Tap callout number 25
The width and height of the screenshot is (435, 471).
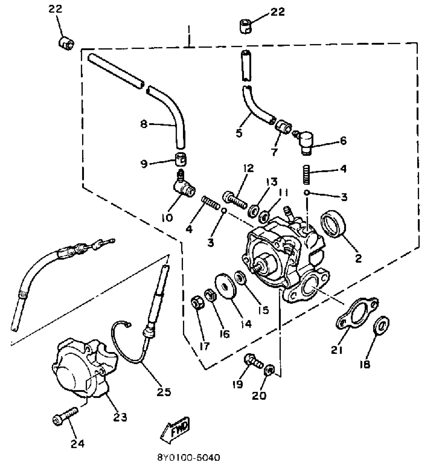[164, 392]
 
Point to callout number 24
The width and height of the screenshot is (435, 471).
[78, 444]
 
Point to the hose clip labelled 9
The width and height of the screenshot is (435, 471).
[181, 160]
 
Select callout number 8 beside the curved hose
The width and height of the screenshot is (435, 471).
[144, 125]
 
